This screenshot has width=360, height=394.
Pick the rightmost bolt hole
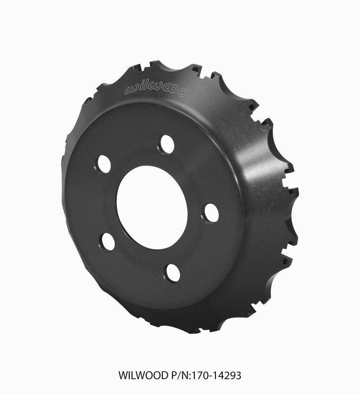click(x=211, y=213)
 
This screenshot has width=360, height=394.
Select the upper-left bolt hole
click(x=104, y=164)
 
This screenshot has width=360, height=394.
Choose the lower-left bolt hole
click(x=107, y=241)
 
